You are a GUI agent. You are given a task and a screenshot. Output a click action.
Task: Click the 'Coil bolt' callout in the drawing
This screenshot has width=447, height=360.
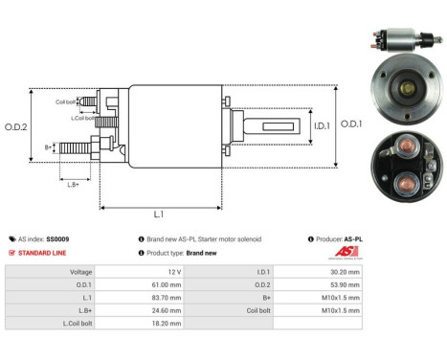[x=65, y=101]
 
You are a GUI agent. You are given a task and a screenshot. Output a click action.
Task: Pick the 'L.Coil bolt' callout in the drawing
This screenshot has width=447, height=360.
[x=83, y=117]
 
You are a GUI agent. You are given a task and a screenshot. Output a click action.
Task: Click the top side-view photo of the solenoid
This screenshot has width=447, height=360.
[x=398, y=43]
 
